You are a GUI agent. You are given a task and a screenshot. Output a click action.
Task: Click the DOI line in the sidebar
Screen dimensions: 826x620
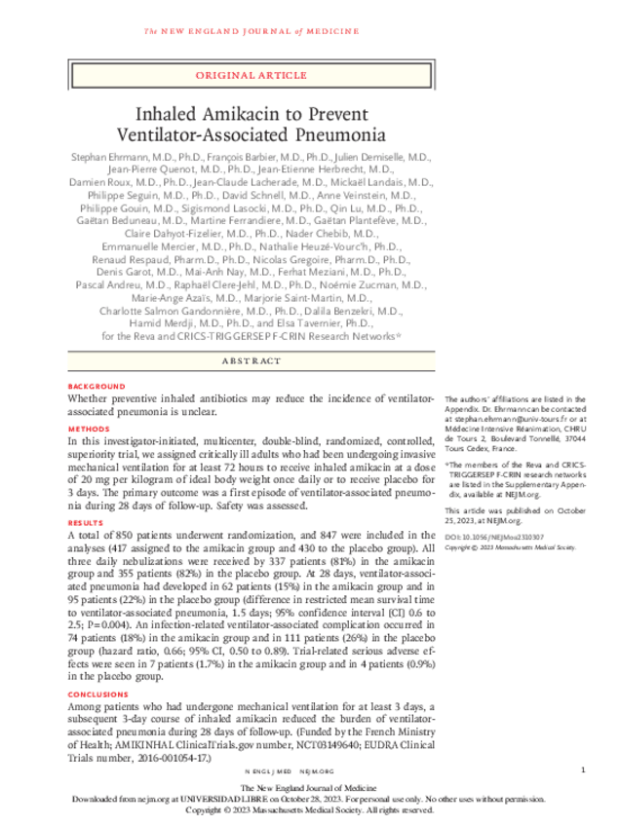(x=493, y=538)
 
